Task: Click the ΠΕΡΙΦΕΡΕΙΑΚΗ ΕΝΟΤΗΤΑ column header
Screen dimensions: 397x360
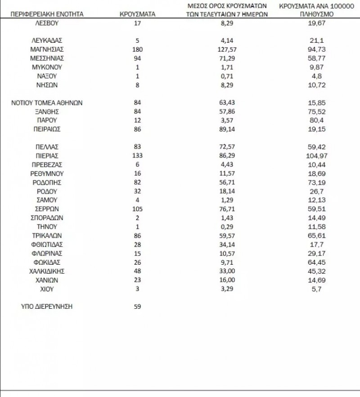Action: [x=47, y=14]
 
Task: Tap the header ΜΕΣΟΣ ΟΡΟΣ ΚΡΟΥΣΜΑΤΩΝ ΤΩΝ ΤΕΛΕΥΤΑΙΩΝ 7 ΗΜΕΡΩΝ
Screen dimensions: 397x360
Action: [x=227, y=10]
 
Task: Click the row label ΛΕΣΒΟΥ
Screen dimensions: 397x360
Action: [x=47, y=23]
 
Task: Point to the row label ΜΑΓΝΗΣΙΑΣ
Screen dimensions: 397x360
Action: [x=47, y=49]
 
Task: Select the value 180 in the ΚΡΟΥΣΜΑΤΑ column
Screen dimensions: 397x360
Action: [x=137, y=49]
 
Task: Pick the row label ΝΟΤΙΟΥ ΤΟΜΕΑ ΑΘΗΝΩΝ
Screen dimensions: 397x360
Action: [x=47, y=103]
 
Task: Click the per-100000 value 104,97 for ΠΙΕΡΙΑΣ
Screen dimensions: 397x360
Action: [x=313, y=156]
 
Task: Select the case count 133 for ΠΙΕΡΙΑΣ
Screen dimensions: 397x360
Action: [x=137, y=156]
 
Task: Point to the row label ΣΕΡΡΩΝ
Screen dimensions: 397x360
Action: [x=47, y=209]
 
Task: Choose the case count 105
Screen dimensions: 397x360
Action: [x=137, y=209]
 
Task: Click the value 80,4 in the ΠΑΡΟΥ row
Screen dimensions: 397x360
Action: [x=313, y=120]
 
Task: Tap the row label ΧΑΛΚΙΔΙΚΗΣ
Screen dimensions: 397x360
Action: [x=47, y=271]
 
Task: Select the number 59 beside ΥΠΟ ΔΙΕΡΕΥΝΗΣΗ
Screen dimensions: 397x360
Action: [x=137, y=307]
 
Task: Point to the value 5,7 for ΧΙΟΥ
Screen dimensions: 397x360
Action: [x=313, y=289]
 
